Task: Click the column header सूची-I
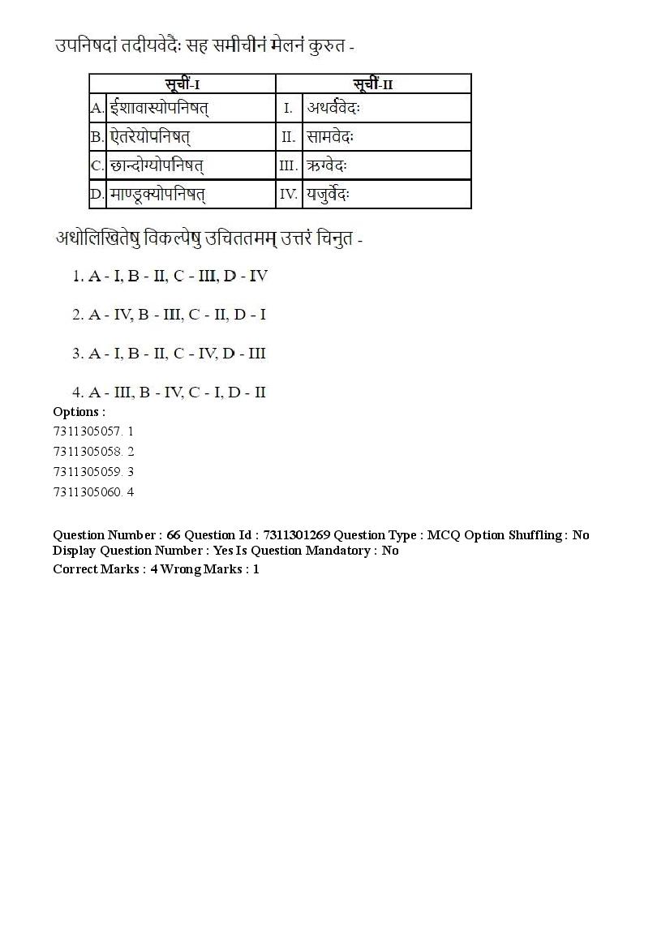[183, 84]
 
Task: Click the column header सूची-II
[373, 84]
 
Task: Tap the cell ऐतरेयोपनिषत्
[151, 137]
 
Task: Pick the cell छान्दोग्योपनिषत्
[157, 166]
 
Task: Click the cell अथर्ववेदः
[333, 108]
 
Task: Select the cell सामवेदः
[331, 137]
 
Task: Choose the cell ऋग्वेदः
[327, 166]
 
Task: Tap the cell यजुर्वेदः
[329, 195]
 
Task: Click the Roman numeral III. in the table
[289, 166]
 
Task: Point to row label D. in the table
[97, 195]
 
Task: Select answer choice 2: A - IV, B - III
[169, 315]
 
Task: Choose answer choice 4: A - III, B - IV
[169, 392]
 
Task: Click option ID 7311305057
[88, 431]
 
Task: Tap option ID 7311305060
[88, 491]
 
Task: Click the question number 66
[174, 535]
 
